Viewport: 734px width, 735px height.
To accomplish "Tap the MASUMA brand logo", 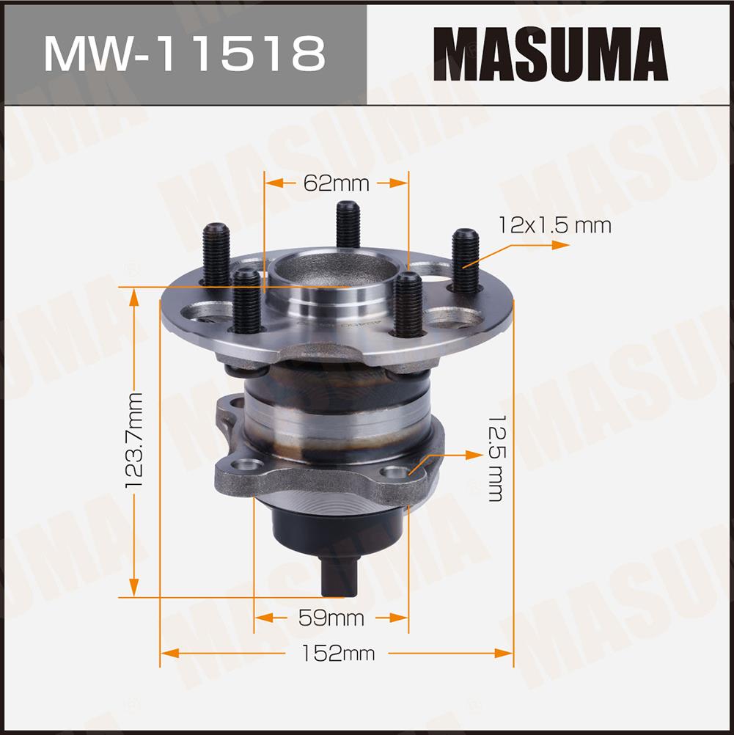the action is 550,54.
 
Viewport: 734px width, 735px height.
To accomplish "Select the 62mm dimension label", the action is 336,183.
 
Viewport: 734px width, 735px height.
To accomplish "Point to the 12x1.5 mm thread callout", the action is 554,225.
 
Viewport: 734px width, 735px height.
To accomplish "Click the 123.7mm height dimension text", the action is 134,441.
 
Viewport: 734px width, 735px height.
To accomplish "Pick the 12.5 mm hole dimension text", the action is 496,458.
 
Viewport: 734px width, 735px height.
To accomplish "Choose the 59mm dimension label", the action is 331,618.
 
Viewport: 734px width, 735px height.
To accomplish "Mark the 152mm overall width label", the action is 338,653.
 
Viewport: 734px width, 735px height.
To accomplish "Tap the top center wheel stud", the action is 348,224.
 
